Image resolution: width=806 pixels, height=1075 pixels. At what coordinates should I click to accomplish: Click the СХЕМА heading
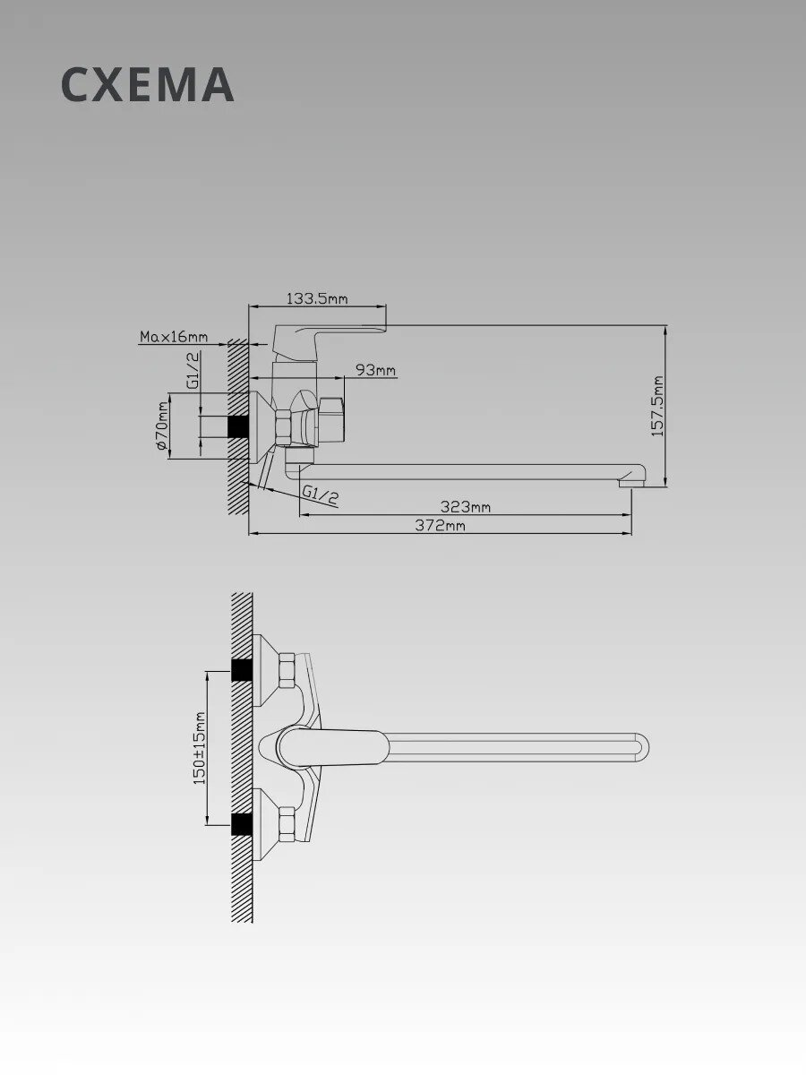(147, 85)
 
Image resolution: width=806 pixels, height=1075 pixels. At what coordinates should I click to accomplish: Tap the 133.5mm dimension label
(317, 298)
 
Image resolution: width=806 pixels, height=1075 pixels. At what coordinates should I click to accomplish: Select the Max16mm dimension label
(174, 337)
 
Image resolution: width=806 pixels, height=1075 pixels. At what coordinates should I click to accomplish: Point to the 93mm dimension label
(375, 370)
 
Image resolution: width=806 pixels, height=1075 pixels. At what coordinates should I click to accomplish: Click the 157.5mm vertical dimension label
(657, 407)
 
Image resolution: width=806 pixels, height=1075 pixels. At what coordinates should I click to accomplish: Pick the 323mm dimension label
(465, 506)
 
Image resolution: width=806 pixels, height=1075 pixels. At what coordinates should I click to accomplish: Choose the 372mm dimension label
(440, 526)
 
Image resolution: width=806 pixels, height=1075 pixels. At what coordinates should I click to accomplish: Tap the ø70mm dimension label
(162, 426)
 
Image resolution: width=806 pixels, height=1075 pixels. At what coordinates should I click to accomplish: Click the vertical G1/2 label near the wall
(193, 371)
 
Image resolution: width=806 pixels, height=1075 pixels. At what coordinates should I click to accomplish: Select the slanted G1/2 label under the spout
(320, 494)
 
